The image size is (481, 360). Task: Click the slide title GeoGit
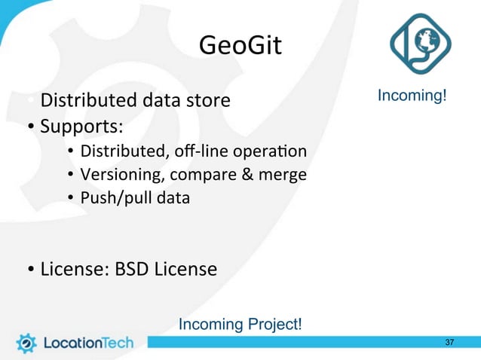point(240,47)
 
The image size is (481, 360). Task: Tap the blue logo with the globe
point(421,48)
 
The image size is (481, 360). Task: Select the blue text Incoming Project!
point(240,325)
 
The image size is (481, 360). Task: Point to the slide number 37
point(450,343)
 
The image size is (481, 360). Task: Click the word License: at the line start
point(71,268)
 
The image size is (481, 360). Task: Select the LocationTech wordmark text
point(87,343)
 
